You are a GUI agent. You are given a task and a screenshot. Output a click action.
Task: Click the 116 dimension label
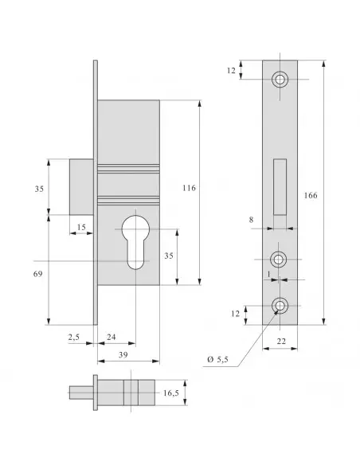click(x=189, y=188)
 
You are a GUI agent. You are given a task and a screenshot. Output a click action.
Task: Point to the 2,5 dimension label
click(x=74, y=338)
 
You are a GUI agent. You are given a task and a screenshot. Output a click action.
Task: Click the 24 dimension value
click(x=112, y=338)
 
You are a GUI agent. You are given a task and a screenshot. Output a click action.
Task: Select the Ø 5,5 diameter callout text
click(x=218, y=360)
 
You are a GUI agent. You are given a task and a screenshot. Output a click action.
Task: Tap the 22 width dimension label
click(x=280, y=341)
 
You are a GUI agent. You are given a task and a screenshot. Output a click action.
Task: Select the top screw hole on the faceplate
click(x=280, y=80)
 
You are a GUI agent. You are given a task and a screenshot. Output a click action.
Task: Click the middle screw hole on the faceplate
click(x=280, y=259)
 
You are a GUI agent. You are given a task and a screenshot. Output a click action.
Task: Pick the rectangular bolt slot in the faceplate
click(x=280, y=188)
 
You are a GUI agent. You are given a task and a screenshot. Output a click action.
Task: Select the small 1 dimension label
click(x=270, y=273)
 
